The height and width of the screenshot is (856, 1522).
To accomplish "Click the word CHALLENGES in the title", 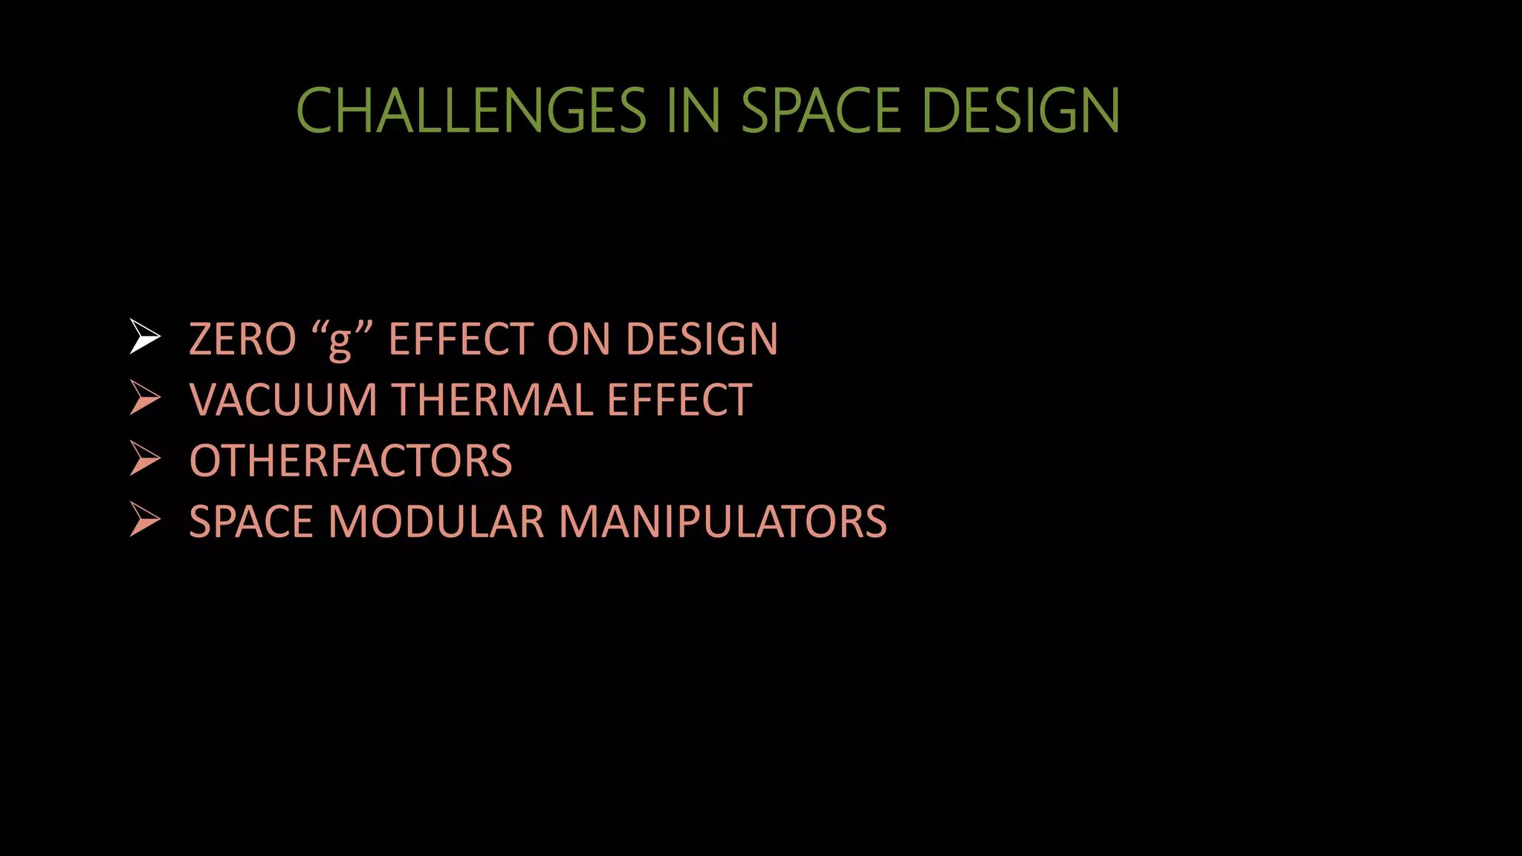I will point(471,111).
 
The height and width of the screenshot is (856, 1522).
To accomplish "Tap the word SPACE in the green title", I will point(821,111).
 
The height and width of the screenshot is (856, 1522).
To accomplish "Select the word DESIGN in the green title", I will point(1020,111).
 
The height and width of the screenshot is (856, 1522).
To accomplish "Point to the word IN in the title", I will point(693,111).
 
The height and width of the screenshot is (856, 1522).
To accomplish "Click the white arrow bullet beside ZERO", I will point(144,337).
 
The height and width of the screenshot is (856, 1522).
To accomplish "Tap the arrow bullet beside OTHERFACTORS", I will point(144,458).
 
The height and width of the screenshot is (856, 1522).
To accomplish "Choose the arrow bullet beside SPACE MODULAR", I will point(144,519).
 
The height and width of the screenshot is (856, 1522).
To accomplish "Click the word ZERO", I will point(242,340).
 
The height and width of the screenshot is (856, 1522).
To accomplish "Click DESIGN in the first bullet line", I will point(702,340).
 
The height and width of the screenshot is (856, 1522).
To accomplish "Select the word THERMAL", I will point(492,401).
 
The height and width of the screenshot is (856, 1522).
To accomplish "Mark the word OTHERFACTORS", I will point(351,461).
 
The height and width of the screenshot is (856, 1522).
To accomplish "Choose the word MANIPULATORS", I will point(722,522).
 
